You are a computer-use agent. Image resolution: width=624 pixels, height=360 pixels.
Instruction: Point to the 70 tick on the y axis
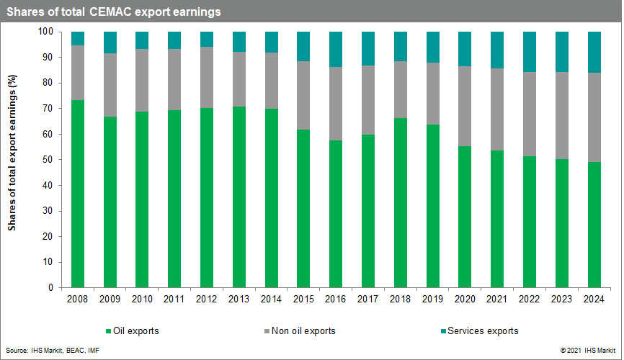pyautogui.click(x=48, y=109)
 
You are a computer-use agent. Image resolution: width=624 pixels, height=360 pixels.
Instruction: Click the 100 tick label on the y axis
pyautogui.click(x=45, y=32)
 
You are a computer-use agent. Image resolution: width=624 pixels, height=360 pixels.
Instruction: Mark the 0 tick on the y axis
pyautogui.click(x=50, y=287)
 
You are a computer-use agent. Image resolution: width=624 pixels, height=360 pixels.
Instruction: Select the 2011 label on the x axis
pyautogui.click(x=174, y=299)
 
